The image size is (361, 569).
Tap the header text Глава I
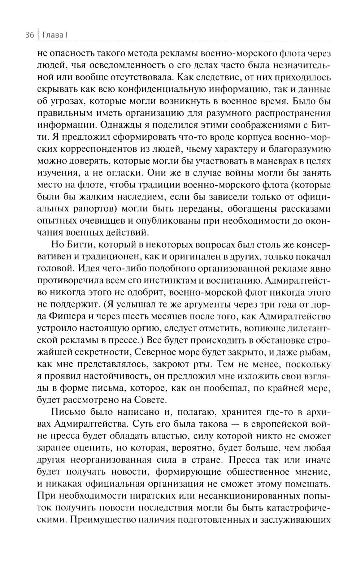(x=55, y=35)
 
